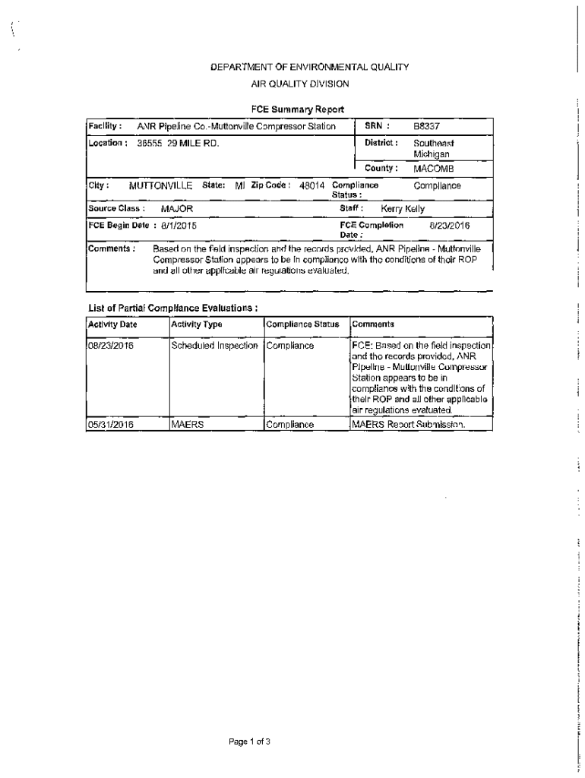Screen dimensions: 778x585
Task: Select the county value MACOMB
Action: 433,168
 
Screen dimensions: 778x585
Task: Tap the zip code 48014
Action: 312,185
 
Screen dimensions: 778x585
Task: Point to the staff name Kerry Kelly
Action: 403,209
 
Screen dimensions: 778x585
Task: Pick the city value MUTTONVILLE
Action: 161,185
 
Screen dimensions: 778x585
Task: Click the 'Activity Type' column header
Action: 197,325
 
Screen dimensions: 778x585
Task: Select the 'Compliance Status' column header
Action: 302,325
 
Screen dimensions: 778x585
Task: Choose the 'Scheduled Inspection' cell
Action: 215,346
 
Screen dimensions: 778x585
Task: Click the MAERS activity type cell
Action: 188,425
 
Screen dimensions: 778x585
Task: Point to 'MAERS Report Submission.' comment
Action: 408,425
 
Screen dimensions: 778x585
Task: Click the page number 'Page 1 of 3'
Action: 250,741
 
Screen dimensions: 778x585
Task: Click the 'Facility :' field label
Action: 105,125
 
